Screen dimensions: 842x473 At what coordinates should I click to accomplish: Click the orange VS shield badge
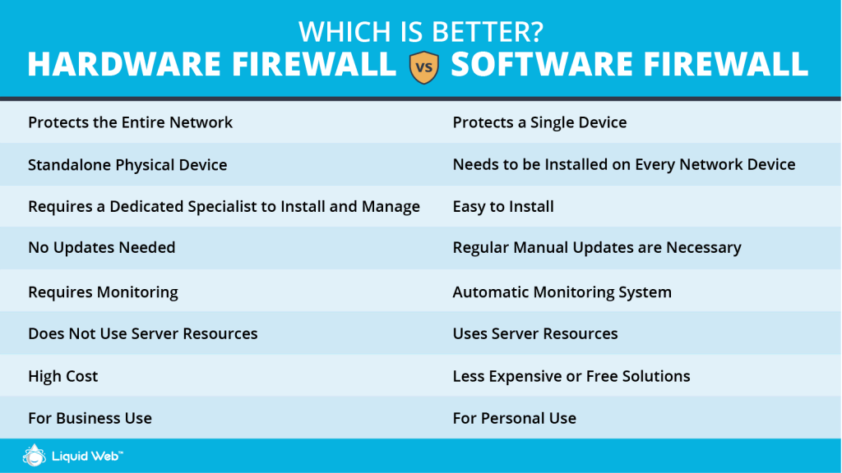point(423,67)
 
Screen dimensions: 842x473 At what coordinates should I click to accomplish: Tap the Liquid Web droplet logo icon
point(34,455)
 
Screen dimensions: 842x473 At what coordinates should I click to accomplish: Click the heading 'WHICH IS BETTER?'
point(421,32)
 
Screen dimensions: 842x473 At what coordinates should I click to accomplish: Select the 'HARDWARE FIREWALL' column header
point(212,64)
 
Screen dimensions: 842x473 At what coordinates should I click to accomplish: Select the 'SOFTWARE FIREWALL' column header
point(629,64)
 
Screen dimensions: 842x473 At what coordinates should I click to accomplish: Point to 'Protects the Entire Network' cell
point(131,122)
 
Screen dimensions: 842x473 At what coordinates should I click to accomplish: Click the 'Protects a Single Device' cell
point(539,122)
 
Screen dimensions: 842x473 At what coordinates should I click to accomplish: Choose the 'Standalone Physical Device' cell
point(127,164)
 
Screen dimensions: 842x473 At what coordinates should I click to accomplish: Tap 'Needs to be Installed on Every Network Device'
point(624,164)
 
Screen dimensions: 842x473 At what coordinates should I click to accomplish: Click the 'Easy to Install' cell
point(503,206)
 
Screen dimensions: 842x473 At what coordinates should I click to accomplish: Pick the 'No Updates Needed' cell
point(101,247)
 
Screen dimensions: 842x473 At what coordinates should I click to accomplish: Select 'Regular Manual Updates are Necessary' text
point(597,248)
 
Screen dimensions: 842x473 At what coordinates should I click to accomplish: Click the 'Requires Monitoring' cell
point(103,292)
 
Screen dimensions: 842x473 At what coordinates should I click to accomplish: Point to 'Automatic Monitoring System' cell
point(562,292)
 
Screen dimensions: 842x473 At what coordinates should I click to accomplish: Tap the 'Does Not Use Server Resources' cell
point(143,333)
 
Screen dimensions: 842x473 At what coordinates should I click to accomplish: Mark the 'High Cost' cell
point(62,376)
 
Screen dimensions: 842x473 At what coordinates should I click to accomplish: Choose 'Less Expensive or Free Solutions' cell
point(571,376)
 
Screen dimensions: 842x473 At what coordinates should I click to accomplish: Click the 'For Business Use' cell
point(90,418)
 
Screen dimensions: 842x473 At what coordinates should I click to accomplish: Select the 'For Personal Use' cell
point(515,418)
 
